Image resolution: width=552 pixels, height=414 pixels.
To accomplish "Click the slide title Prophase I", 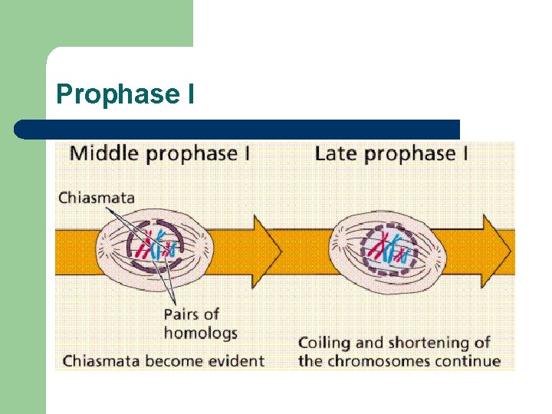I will pos(126,94).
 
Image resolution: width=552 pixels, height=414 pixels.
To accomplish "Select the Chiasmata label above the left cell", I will pos(97,197).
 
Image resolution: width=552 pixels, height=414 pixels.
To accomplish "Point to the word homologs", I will pos(201,333).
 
